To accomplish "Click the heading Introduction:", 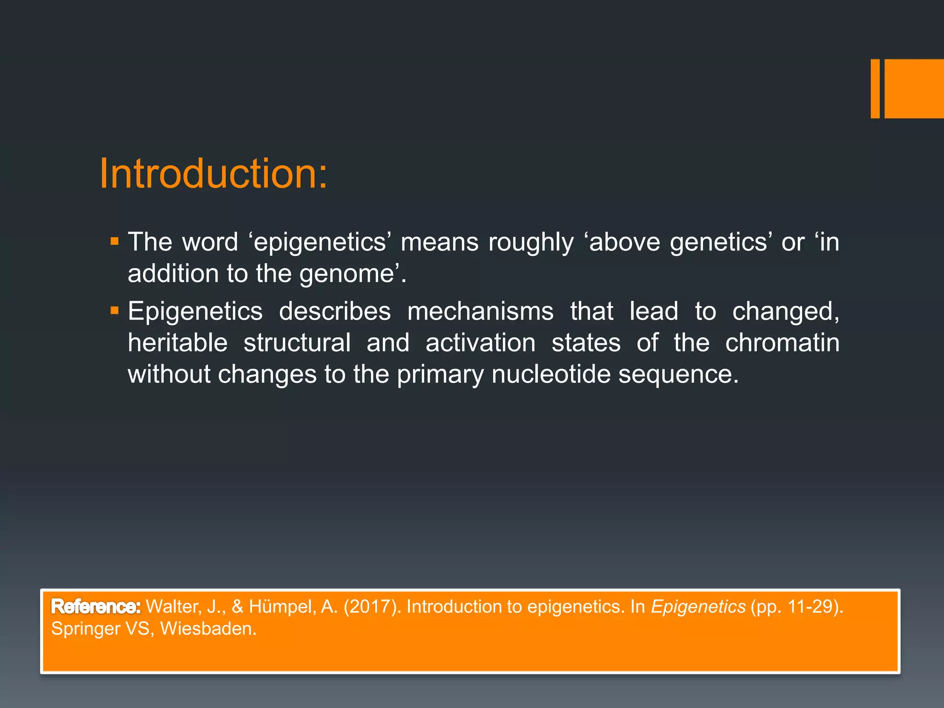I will click(213, 174).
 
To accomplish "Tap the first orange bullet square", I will click(115, 241).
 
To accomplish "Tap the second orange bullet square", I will click(115, 311).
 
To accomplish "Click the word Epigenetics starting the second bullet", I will click(195, 312).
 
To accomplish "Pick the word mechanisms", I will click(480, 312).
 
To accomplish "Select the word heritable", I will click(177, 343).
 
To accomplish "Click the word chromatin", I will click(782, 343).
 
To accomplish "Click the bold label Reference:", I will click(96, 607).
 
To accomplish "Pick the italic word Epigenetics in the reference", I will click(698, 607).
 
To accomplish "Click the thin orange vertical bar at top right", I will click(875, 88).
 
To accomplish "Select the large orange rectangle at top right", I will click(914, 88).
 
